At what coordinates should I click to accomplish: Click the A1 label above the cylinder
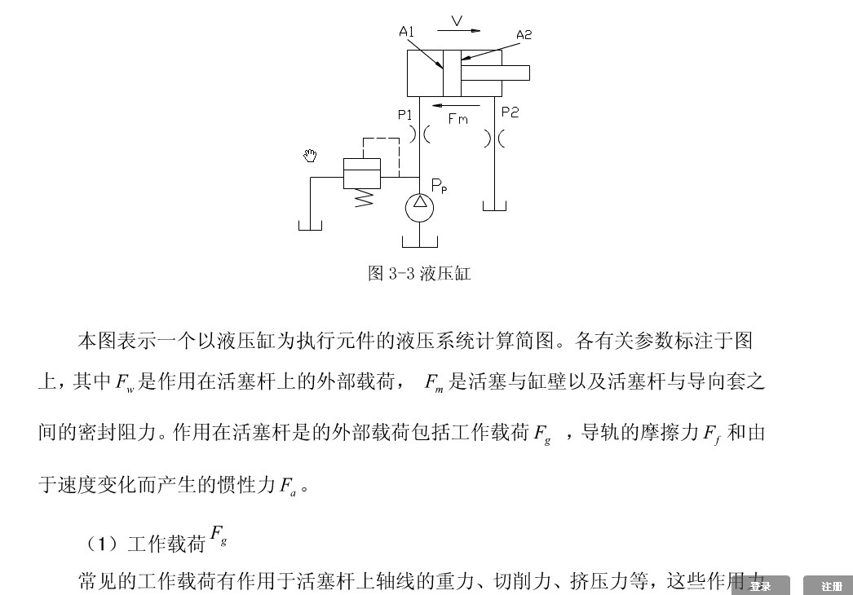pos(407,32)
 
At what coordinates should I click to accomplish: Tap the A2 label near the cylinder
pos(524,35)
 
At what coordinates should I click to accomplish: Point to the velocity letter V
pos(457,20)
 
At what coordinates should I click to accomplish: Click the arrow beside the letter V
pos(458,31)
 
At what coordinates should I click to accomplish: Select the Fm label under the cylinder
pos(458,119)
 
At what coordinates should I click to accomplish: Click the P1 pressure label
pos(405,115)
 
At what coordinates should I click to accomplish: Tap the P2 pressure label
pos(510,112)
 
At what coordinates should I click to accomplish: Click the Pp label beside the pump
pos(439,187)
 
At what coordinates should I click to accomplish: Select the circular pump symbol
pos(419,207)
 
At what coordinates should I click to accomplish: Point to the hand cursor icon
pos(310,156)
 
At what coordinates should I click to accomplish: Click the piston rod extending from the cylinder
pos(495,73)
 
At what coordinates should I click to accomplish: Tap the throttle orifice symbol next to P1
pos(419,134)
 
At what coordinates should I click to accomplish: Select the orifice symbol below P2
pos(494,139)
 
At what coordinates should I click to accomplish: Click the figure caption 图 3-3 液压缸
pos(418,273)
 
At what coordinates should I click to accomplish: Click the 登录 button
pos(760,585)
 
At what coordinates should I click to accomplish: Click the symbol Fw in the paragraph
pos(124,382)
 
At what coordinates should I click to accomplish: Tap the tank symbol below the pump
pos(419,241)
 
